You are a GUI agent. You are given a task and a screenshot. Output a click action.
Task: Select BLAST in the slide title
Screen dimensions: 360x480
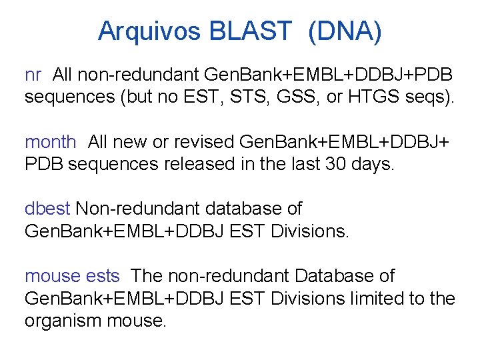pos(251,31)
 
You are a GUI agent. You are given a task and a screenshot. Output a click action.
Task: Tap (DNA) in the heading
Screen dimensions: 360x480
pos(345,31)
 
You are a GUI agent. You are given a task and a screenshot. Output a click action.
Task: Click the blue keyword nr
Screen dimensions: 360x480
pos(33,73)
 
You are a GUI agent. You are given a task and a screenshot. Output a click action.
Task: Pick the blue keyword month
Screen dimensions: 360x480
pos(50,141)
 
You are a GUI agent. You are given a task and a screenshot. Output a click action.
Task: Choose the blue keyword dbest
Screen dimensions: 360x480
pos(47,209)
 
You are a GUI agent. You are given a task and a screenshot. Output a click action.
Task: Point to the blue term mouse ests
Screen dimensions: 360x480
pos(72,276)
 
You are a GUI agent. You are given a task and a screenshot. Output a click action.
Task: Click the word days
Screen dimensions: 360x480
pos(372,164)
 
